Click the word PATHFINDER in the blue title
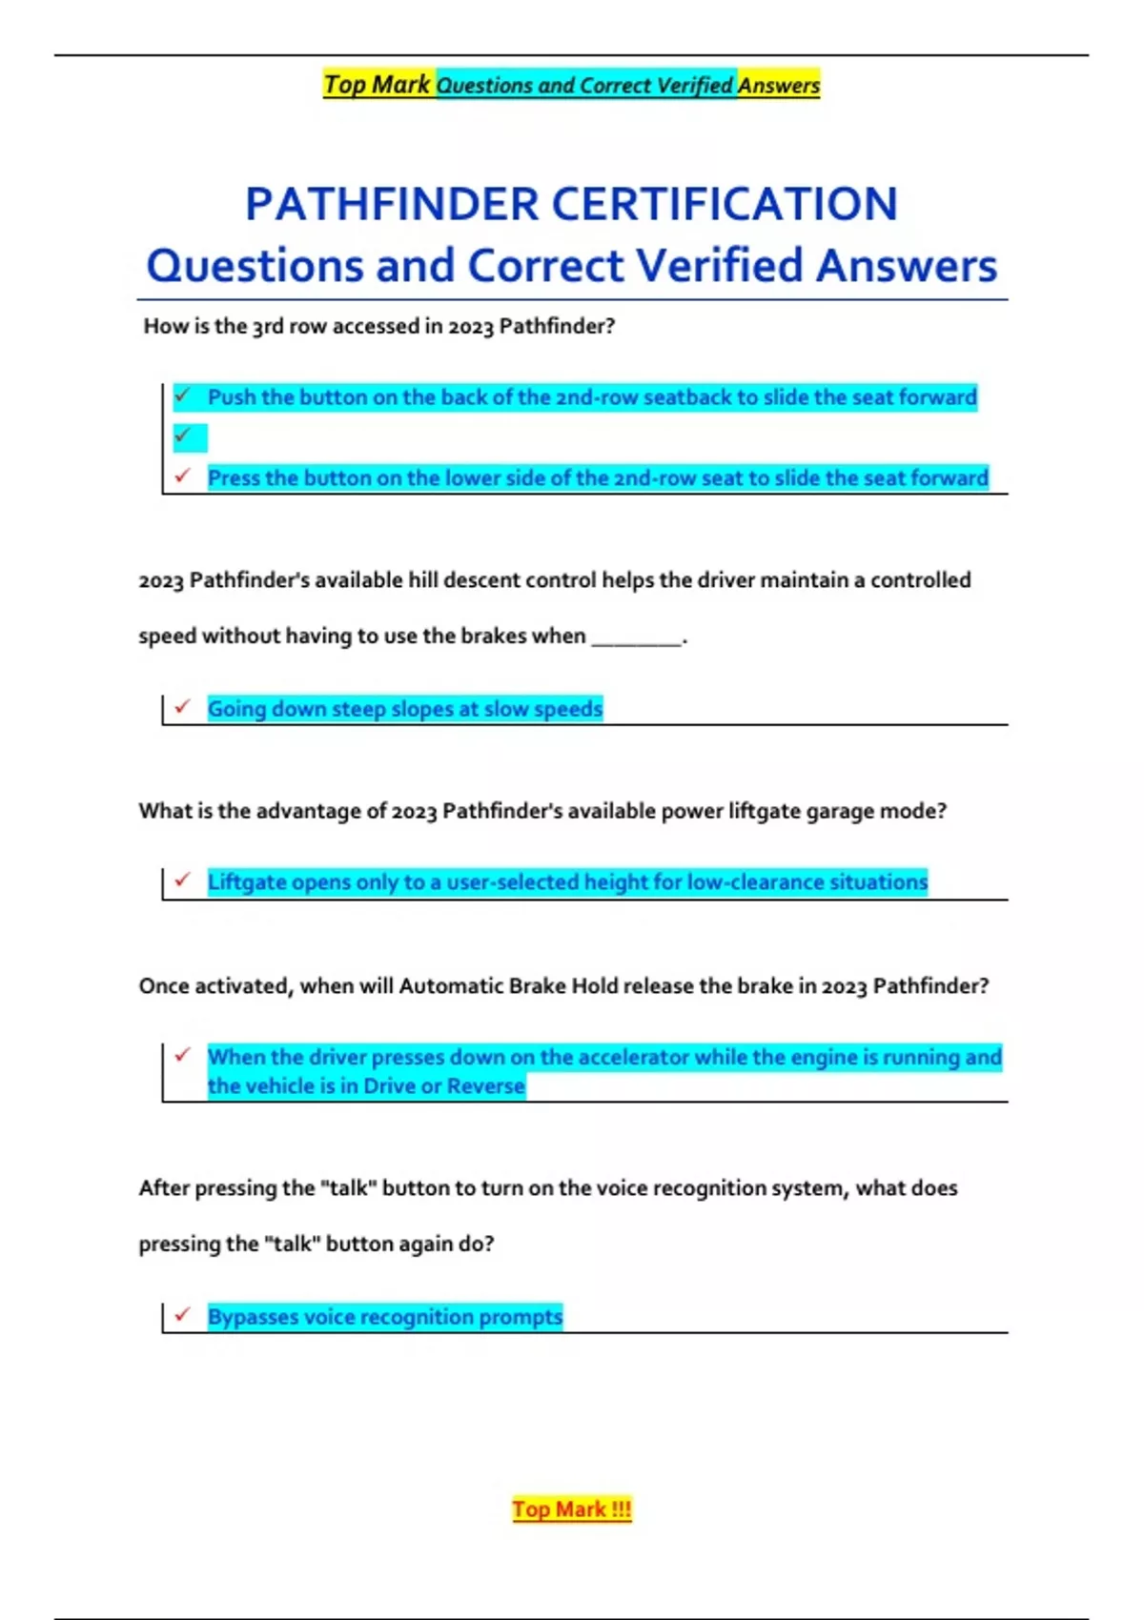click(x=392, y=204)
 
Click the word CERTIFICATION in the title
click(x=725, y=204)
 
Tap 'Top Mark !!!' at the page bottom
click(x=571, y=1509)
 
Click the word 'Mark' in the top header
click(x=400, y=85)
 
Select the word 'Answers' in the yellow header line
click(x=779, y=86)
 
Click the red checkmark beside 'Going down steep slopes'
click(x=183, y=707)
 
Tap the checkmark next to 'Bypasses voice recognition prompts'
click(x=183, y=1315)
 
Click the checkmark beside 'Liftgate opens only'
click(x=183, y=881)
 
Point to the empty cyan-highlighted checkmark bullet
click(x=184, y=436)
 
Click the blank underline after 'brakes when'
click(x=636, y=637)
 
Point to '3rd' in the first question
click(x=268, y=326)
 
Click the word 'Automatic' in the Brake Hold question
click(x=451, y=986)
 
